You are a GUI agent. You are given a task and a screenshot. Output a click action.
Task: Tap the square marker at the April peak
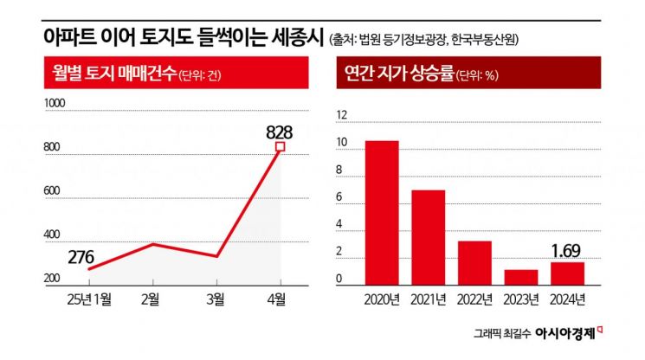click(x=280, y=147)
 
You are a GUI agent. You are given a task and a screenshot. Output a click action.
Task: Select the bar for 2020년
click(x=382, y=213)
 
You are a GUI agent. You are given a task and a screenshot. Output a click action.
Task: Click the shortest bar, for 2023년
click(x=521, y=277)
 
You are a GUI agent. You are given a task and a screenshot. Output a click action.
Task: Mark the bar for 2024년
click(x=567, y=273)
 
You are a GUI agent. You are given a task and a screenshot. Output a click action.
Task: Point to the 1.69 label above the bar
click(x=567, y=252)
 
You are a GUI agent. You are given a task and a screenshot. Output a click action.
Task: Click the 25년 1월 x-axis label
click(x=88, y=299)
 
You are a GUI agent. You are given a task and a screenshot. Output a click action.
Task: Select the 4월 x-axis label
click(x=280, y=299)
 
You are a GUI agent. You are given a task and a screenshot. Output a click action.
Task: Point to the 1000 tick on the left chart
click(x=55, y=104)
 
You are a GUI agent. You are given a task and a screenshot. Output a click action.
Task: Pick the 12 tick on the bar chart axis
click(x=340, y=116)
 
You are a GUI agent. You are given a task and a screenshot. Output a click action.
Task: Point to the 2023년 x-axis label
click(x=521, y=299)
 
